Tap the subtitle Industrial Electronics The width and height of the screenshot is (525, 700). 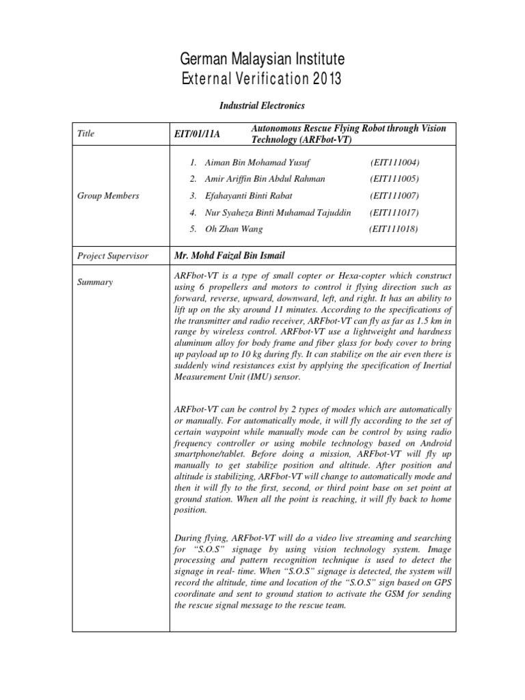coord(262,106)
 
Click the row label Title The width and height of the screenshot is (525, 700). coord(85,134)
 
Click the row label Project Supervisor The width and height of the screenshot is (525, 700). coord(112,256)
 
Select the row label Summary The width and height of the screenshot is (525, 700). coord(95,281)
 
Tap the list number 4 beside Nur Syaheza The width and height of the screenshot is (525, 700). coord(194,213)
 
